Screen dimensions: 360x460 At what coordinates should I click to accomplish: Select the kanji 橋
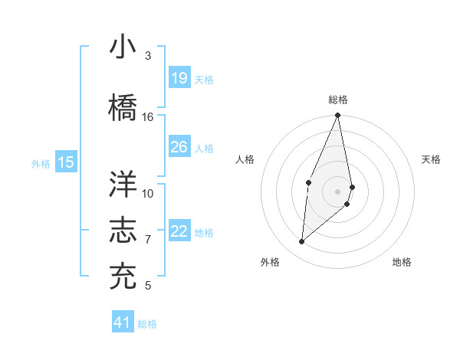(123, 106)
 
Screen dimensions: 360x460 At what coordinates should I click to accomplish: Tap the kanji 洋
(123, 184)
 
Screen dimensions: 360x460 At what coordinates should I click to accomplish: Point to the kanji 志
(123, 230)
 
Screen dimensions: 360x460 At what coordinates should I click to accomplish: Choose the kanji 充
(123, 276)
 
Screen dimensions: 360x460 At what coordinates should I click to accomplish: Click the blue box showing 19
(179, 77)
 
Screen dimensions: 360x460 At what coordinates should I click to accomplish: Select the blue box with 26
(179, 146)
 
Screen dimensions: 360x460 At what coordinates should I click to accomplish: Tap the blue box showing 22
(179, 231)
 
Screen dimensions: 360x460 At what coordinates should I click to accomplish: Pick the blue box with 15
(66, 162)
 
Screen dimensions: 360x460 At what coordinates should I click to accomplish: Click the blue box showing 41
(123, 322)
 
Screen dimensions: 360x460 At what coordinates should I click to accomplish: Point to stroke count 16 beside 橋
(148, 116)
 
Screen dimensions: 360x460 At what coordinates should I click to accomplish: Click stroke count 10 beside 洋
(148, 193)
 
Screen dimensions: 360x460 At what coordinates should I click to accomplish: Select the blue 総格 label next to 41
(147, 324)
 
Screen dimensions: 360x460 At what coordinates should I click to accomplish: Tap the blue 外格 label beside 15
(40, 163)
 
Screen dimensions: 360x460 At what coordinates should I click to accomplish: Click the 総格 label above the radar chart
(338, 100)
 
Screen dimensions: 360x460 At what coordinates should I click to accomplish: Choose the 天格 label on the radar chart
(431, 159)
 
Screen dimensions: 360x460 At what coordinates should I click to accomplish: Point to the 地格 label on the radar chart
(402, 262)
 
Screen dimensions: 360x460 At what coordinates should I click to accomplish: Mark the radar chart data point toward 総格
(337, 116)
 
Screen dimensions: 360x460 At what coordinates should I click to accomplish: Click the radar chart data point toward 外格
(302, 241)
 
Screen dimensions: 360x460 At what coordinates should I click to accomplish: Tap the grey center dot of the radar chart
(337, 191)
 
